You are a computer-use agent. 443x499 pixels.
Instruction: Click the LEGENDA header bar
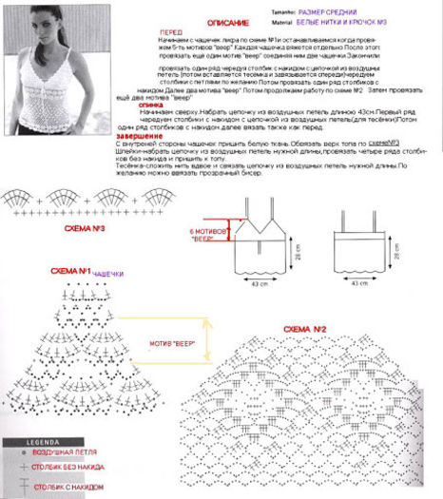[x=29, y=443]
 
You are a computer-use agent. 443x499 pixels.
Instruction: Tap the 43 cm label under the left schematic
[x=256, y=283]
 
